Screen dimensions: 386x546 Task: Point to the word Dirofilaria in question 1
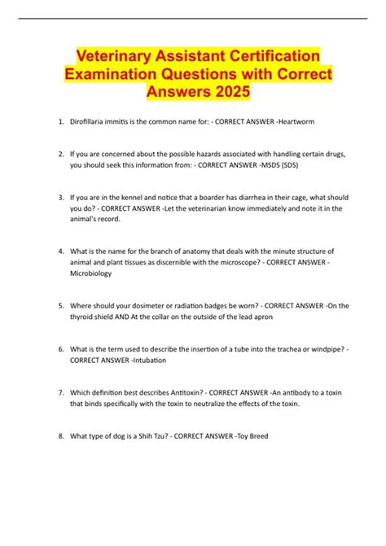[x=90, y=121]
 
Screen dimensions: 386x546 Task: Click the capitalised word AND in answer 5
[x=139, y=317]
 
